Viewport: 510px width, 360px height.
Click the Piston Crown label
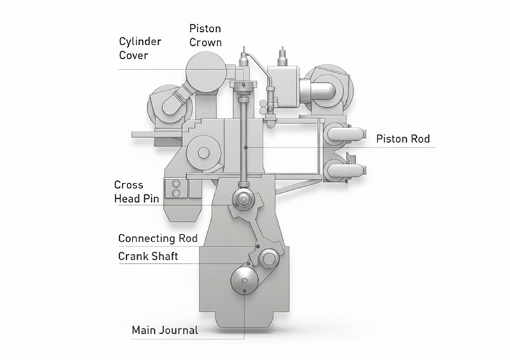click(x=205, y=36)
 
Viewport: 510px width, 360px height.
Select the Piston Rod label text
click(x=403, y=139)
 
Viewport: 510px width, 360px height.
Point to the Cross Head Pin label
click(x=136, y=192)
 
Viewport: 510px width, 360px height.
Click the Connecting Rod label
click(x=157, y=238)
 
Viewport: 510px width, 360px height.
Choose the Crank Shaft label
click(x=148, y=257)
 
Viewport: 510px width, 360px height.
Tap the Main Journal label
click(x=164, y=330)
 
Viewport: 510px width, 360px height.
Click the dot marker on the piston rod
click(x=245, y=148)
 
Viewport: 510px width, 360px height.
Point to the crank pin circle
click(x=268, y=257)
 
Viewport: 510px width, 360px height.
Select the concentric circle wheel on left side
click(x=203, y=152)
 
